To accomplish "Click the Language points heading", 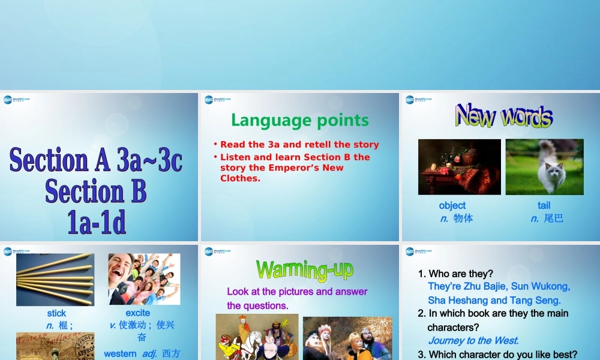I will point(300,120).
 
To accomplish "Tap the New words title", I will point(503,116).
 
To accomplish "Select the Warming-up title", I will point(304,269).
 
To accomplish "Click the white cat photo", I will point(544,167).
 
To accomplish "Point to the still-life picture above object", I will point(459,167).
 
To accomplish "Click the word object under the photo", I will point(452,205).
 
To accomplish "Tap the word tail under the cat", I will point(544,205).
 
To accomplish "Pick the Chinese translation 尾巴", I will point(553,218).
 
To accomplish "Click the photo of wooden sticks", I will point(55,280).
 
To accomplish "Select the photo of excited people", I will point(144,279).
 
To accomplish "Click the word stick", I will point(56,313).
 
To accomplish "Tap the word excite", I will point(138,313).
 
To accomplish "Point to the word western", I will point(120,354).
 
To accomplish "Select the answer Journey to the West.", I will point(473,341).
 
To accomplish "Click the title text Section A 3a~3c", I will point(96,161).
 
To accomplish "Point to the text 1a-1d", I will point(97,223).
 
